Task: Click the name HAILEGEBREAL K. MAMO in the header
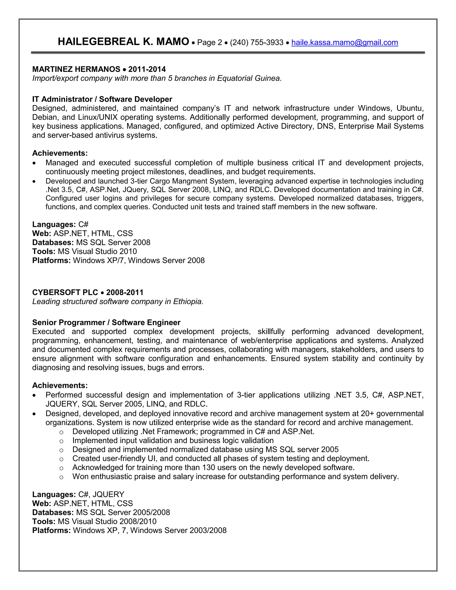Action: coord(123,42)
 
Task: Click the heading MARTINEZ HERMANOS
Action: coord(76,69)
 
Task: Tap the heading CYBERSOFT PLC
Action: coord(65,293)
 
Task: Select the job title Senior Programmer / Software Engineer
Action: coord(106,323)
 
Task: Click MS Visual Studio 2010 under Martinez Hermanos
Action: coord(97,252)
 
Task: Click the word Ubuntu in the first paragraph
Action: coord(409,108)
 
